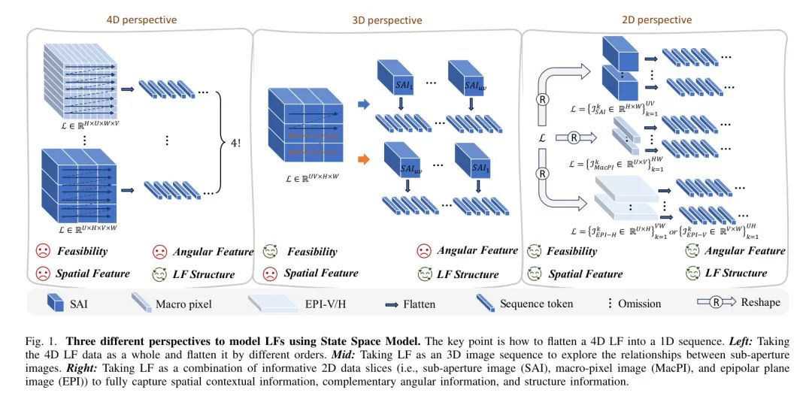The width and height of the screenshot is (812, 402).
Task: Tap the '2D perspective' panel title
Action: point(656,20)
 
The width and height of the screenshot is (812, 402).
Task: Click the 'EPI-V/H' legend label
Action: point(331,304)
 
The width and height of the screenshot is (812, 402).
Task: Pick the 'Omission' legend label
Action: point(638,304)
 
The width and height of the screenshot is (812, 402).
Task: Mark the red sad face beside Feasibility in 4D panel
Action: point(42,251)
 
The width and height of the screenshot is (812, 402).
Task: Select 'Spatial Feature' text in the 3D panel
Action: point(320,273)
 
